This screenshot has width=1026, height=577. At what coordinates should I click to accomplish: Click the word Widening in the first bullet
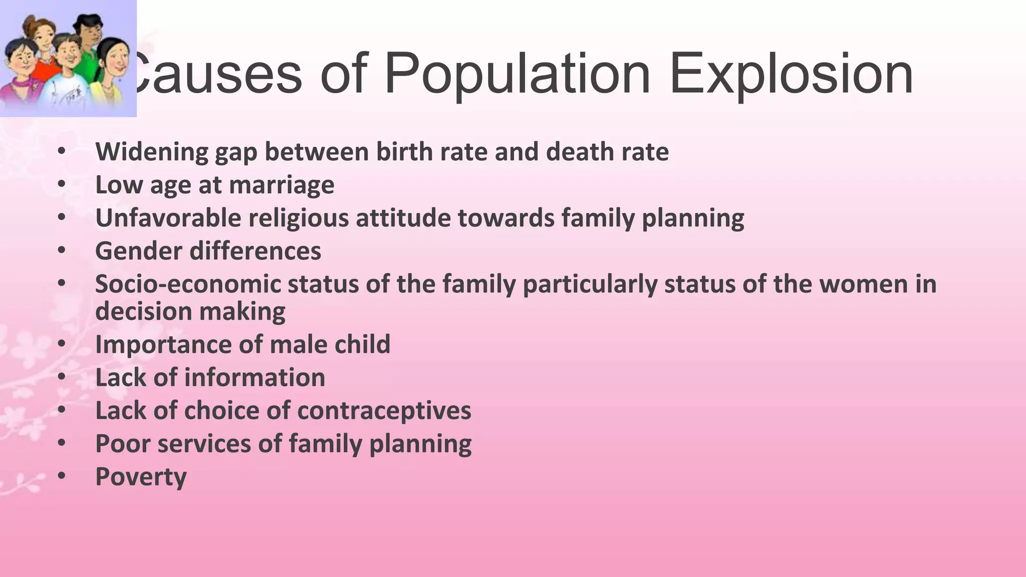point(152,152)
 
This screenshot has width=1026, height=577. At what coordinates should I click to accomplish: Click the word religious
point(299,218)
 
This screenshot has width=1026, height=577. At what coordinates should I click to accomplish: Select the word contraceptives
point(384,411)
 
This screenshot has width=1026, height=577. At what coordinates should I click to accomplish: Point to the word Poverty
point(141,477)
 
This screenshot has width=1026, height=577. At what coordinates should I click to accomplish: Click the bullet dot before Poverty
point(61,475)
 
